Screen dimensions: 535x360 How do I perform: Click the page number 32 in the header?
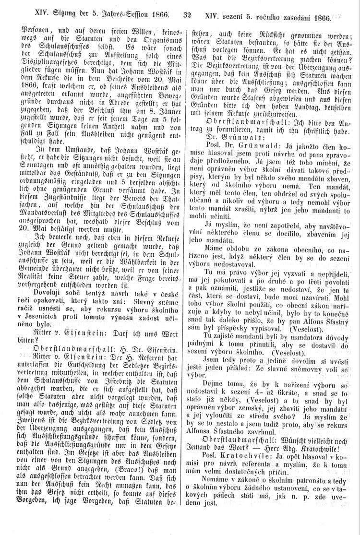[x=187, y=15]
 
